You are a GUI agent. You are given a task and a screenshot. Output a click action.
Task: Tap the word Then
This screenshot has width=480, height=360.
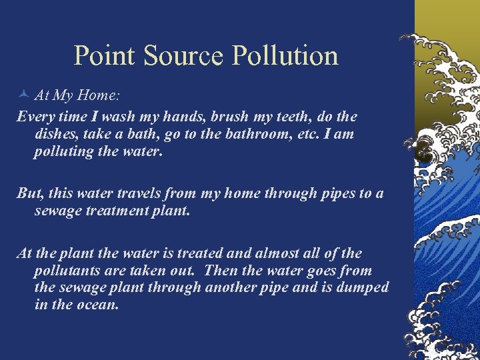pos(221,271)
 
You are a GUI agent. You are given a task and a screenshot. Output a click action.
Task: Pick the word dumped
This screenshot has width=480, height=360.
pos(363,288)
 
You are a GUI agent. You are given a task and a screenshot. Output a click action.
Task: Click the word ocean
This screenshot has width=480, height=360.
pos(98,305)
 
